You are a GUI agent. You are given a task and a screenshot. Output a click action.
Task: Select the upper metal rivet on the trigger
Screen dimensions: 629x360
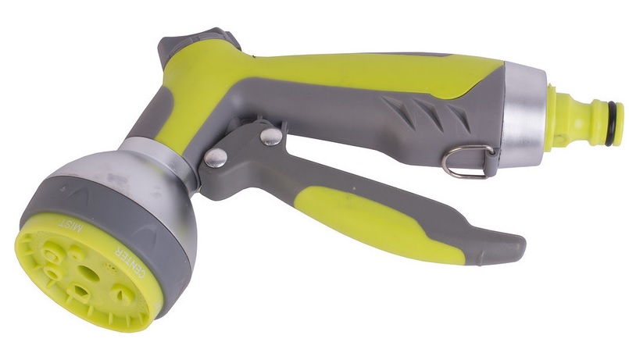point(270,137)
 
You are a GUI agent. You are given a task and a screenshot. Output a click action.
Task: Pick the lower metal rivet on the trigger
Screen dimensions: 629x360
point(215,157)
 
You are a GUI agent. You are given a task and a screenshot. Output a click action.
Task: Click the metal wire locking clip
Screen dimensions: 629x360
point(467,161)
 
